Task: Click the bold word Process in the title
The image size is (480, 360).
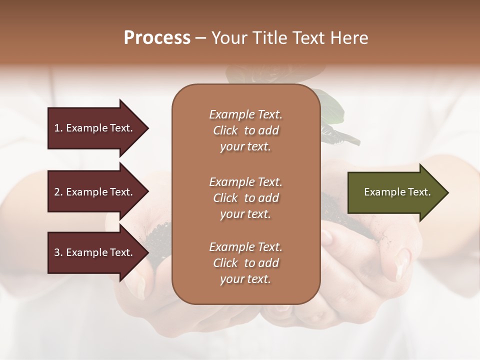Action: pyautogui.click(x=157, y=38)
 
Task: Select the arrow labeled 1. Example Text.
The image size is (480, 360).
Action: pyautogui.click(x=95, y=128)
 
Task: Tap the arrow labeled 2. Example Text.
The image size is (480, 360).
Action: pyautogui.click(x=95, y=192)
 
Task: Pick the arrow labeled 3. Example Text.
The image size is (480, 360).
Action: pyautogui.click(x=95, y=252)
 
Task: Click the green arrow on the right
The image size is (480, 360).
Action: pyautogui.click(x=395, y=192)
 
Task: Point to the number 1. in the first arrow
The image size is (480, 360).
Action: pyautogui.click(x=58, y=128)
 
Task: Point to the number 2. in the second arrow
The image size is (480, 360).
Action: pyautogui.click(x=58, y=192)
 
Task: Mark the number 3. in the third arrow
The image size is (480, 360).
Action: pyautogui.click(x=58, y=252)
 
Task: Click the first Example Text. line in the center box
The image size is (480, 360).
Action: pyautogui.click(x=245, y=114)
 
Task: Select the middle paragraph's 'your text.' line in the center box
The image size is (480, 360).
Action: pyautogui.click(x=245, y=214)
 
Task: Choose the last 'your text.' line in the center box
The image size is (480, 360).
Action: pyautogui.click(x=245, y=279)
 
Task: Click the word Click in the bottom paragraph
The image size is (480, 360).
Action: pyautogui.click(x=225, y=263)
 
